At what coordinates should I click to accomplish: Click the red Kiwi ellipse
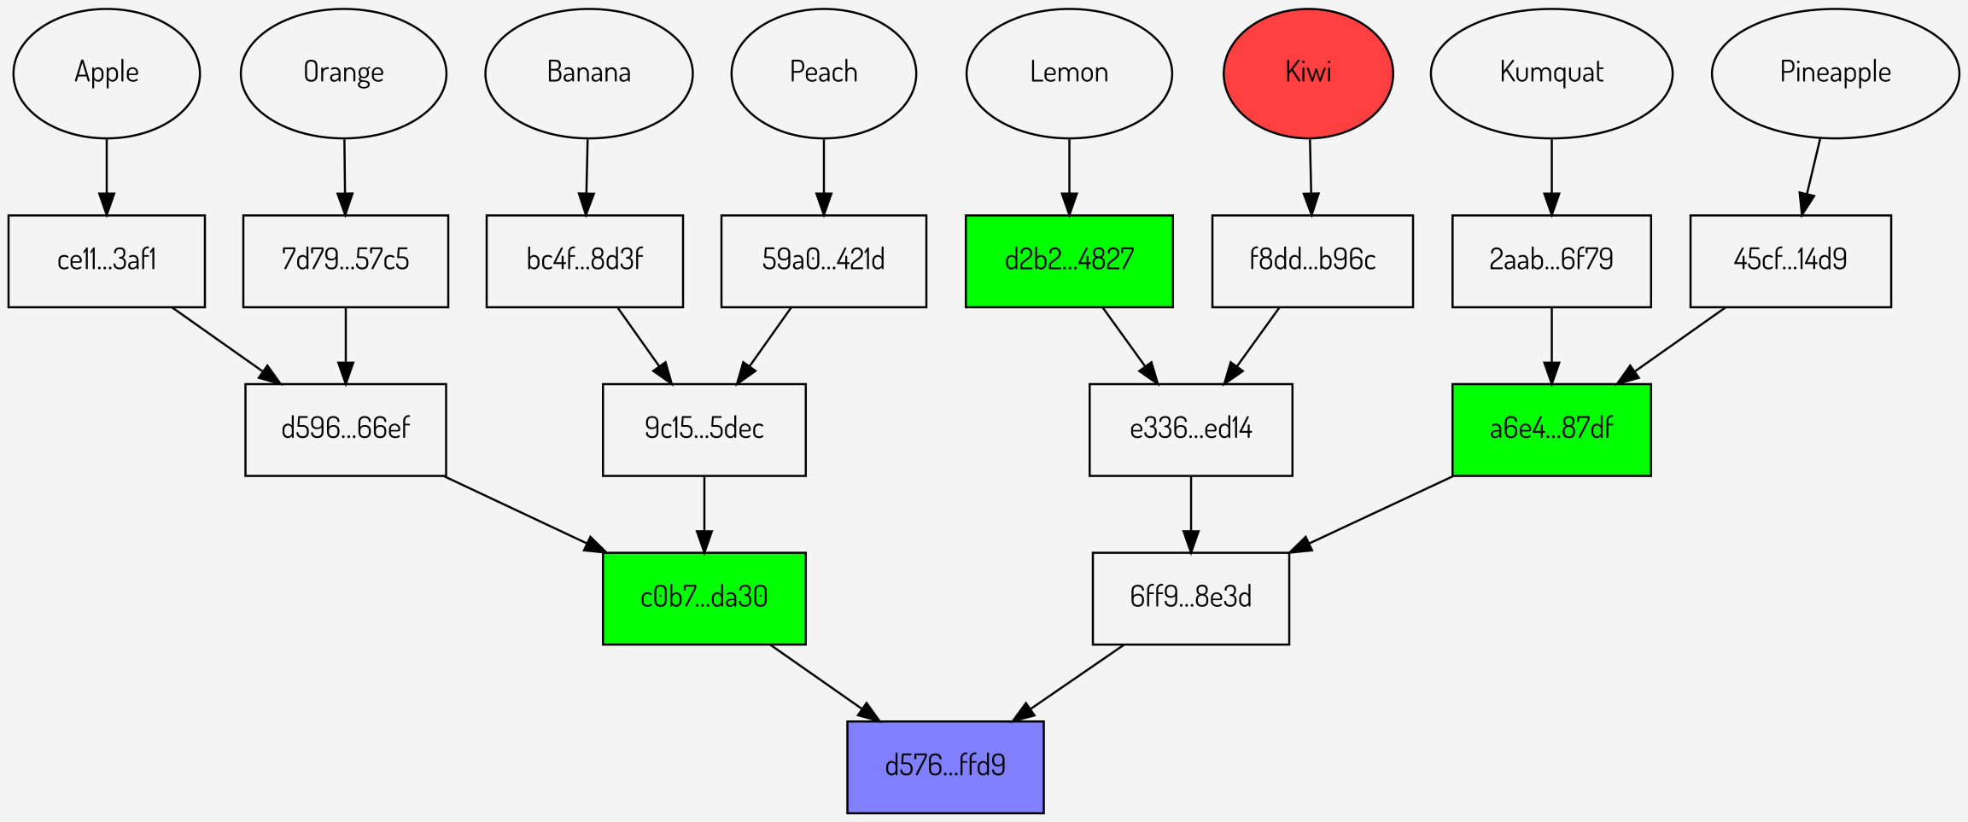[x=1308, y=73]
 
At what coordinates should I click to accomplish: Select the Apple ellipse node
[x=107, y=73]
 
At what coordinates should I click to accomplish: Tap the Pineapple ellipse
[x=1835, y=73]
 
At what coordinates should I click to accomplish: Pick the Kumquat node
[x=1551, y=73]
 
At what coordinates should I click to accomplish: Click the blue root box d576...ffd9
[x=945, y=767]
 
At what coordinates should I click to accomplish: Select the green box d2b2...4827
[x=1069, y=260]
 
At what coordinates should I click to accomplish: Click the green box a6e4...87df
[x=1551, y=429]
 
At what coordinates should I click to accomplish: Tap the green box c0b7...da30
[x=704, y=598]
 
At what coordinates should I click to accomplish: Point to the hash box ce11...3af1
[x=107, y=260]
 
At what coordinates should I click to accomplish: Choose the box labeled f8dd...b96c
[x=1312, y=260]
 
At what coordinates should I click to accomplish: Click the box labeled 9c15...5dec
[x=704, y=429]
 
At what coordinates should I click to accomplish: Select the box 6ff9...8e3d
[x=1190, y=598]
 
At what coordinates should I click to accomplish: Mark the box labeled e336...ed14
[x=1190, y=429]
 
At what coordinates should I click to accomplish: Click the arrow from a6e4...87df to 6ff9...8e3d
[x=1375, y=512]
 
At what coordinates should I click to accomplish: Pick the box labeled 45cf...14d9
[x=1790, y=260]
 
